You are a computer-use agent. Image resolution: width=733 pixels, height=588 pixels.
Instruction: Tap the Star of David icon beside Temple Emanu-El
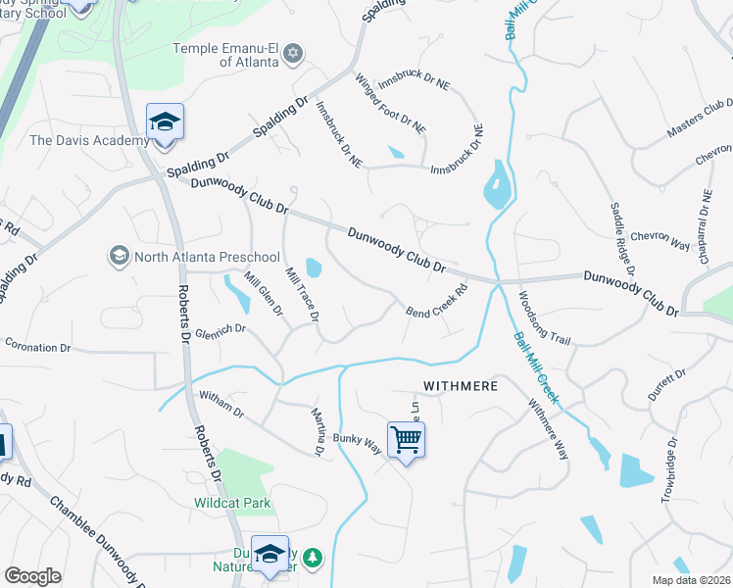pos(293,55)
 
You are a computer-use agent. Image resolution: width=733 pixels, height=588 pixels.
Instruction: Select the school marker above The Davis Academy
pos(165,122)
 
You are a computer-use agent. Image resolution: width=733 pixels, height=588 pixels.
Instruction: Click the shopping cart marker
pos(406,439)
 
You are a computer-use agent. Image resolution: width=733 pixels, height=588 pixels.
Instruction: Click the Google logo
pos(32,576)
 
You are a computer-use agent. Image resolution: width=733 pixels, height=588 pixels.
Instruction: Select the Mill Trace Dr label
pos(302,293)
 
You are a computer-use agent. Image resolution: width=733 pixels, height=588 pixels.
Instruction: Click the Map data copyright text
pos(691,580)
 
